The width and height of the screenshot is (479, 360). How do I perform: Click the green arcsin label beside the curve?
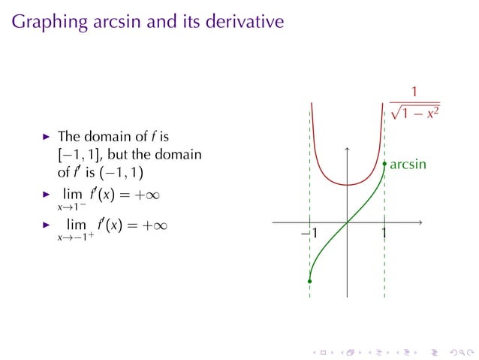click(x=408, y=163)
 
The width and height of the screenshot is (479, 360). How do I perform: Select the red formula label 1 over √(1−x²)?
click(x=414, y=105)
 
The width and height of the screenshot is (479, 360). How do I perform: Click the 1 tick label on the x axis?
click(x=384, y=234)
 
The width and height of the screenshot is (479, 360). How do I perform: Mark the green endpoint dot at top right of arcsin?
click(x=384, y=163)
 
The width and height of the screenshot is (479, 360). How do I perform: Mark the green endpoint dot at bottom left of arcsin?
click(x=309, y=281)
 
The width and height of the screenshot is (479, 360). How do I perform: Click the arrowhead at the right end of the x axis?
click(x=420, y=222)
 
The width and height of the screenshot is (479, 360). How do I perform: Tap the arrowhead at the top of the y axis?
click(x=347, y=149)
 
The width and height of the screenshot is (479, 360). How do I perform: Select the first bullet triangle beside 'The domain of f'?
click(x=47, y=137)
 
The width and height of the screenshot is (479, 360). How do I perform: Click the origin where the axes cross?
click(x=347, y=222)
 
